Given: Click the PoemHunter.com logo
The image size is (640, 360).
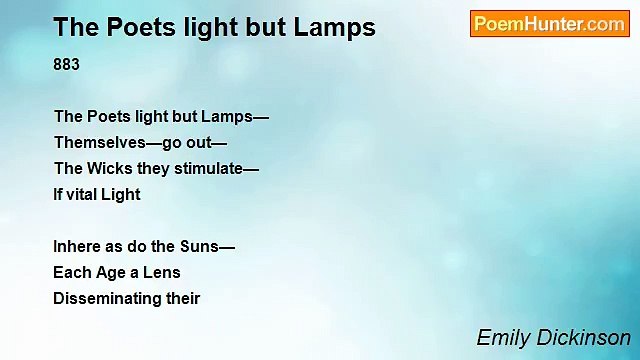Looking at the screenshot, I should [549, 24].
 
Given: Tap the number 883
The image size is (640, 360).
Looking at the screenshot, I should [67, 65].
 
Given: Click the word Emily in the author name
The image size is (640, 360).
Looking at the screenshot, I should [499, 337].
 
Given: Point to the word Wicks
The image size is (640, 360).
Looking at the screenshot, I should [106, 168].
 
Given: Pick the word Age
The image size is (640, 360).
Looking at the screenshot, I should [109, 272].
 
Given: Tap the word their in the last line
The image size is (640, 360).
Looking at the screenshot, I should [186, 298].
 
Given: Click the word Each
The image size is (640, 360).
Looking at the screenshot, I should [71, 272].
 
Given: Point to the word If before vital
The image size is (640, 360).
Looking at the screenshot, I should [57, 194].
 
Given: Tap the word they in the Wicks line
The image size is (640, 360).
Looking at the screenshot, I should [149, 168].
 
